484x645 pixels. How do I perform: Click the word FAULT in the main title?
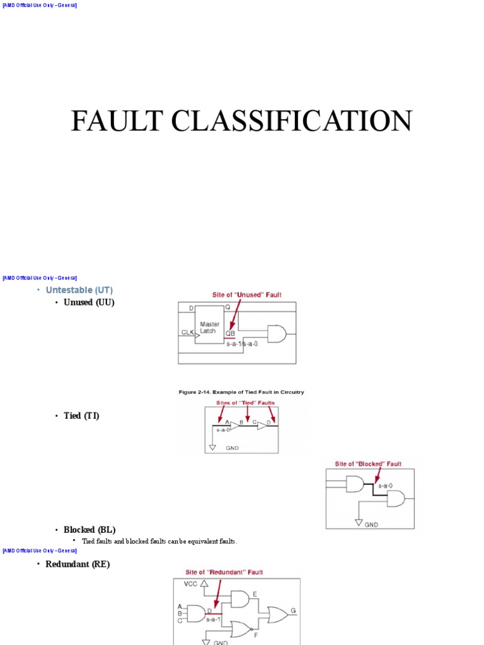pos(117,121)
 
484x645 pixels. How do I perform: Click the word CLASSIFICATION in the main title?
pos(291,121)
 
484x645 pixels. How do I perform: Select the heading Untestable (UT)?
pos(79,290)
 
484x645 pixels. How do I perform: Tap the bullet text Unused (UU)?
pos(89,302)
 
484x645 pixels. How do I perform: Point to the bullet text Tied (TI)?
pos(81,416)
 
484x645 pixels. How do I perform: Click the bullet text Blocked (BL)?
pos(89,530)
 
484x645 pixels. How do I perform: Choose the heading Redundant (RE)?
pos(78,564)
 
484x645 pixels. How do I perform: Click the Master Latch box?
pos(210,328)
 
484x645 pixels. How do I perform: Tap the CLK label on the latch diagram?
pos(188,331)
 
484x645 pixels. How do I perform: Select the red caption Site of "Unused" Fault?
pos(246,294)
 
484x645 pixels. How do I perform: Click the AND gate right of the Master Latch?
pos(276,334)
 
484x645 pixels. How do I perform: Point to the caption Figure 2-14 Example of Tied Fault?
pos(241,392)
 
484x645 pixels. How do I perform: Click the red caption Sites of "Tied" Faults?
pos(246,402)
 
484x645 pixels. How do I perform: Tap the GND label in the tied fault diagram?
pos(233,448)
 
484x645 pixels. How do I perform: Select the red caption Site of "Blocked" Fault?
pos(368,464)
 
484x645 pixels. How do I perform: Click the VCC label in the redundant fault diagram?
pos(191,584)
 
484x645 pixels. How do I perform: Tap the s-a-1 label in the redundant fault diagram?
pos(214,620)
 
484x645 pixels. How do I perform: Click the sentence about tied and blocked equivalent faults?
pos(160,542)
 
